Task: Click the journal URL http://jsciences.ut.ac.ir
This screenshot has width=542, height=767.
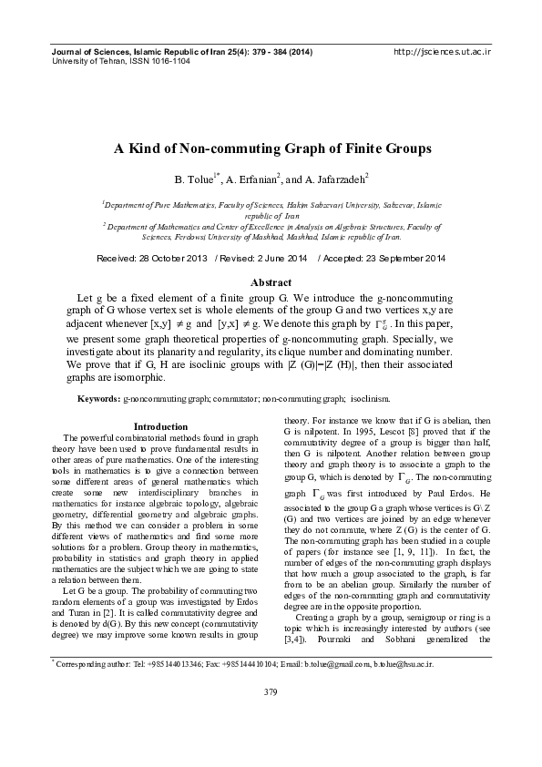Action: (441, 53)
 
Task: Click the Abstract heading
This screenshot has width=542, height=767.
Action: (271, 282)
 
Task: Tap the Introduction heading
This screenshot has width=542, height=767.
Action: (160, 426)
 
